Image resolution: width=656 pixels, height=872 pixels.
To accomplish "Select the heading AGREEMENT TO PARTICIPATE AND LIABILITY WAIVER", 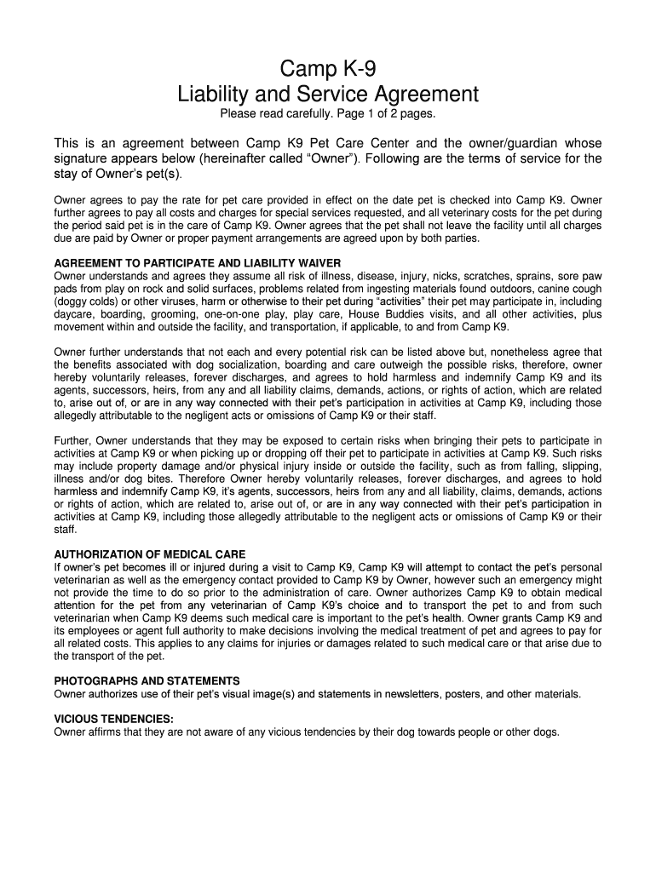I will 198,263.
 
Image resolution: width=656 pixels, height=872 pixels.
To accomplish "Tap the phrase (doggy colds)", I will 88,301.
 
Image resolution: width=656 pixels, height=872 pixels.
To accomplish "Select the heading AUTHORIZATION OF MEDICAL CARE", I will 150,554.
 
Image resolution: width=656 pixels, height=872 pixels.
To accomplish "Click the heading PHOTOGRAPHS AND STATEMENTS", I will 147,681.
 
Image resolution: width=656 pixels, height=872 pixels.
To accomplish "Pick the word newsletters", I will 410,694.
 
